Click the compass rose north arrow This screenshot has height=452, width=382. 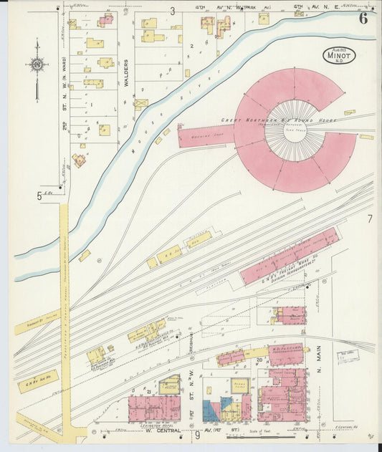tap(37, 65)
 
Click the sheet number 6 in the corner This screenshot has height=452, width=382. tap(363, 19)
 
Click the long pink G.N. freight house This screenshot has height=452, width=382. tap(290, 256)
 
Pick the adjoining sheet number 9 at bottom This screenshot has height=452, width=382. tap(196, 435)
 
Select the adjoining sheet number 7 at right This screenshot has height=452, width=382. tap(370, 219)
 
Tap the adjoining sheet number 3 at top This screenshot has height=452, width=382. tap(172, 11)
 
